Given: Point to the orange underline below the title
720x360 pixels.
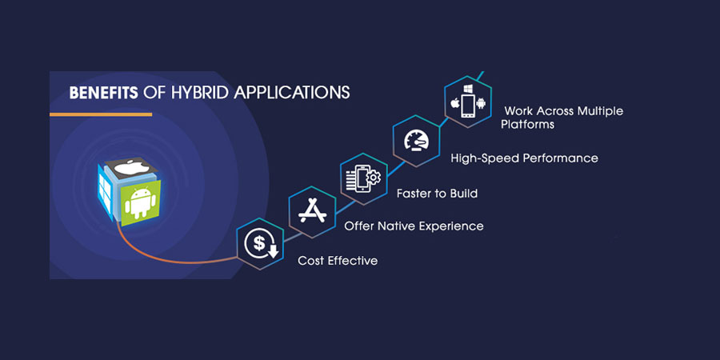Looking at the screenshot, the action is (x=101, y=114).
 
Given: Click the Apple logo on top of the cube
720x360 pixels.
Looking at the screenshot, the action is (x=131, y=168).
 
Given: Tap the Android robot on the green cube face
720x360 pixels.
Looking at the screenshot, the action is (x=140, y=202).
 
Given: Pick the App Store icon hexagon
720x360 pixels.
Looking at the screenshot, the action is (x=312, y=212).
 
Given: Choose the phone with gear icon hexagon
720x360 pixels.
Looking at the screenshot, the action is (x=364, y=178).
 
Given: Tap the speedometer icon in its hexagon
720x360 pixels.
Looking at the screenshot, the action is (x=416, y=141).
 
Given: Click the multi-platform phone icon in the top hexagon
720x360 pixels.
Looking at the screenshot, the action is (x=468, y=106).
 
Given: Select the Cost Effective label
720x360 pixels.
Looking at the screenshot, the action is (x=338, y=261).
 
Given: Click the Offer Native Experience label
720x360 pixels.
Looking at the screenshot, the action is (x=414, y=226).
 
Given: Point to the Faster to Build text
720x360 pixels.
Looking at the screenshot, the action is (x=437, y=194).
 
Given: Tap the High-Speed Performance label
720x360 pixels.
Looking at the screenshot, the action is (x=524, y=158).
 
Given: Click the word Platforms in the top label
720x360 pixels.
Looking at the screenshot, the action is (x=528, y=125).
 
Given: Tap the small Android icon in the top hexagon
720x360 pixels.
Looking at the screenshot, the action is (x=481, y=103).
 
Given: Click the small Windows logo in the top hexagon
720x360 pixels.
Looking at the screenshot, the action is (x=468, y=88).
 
